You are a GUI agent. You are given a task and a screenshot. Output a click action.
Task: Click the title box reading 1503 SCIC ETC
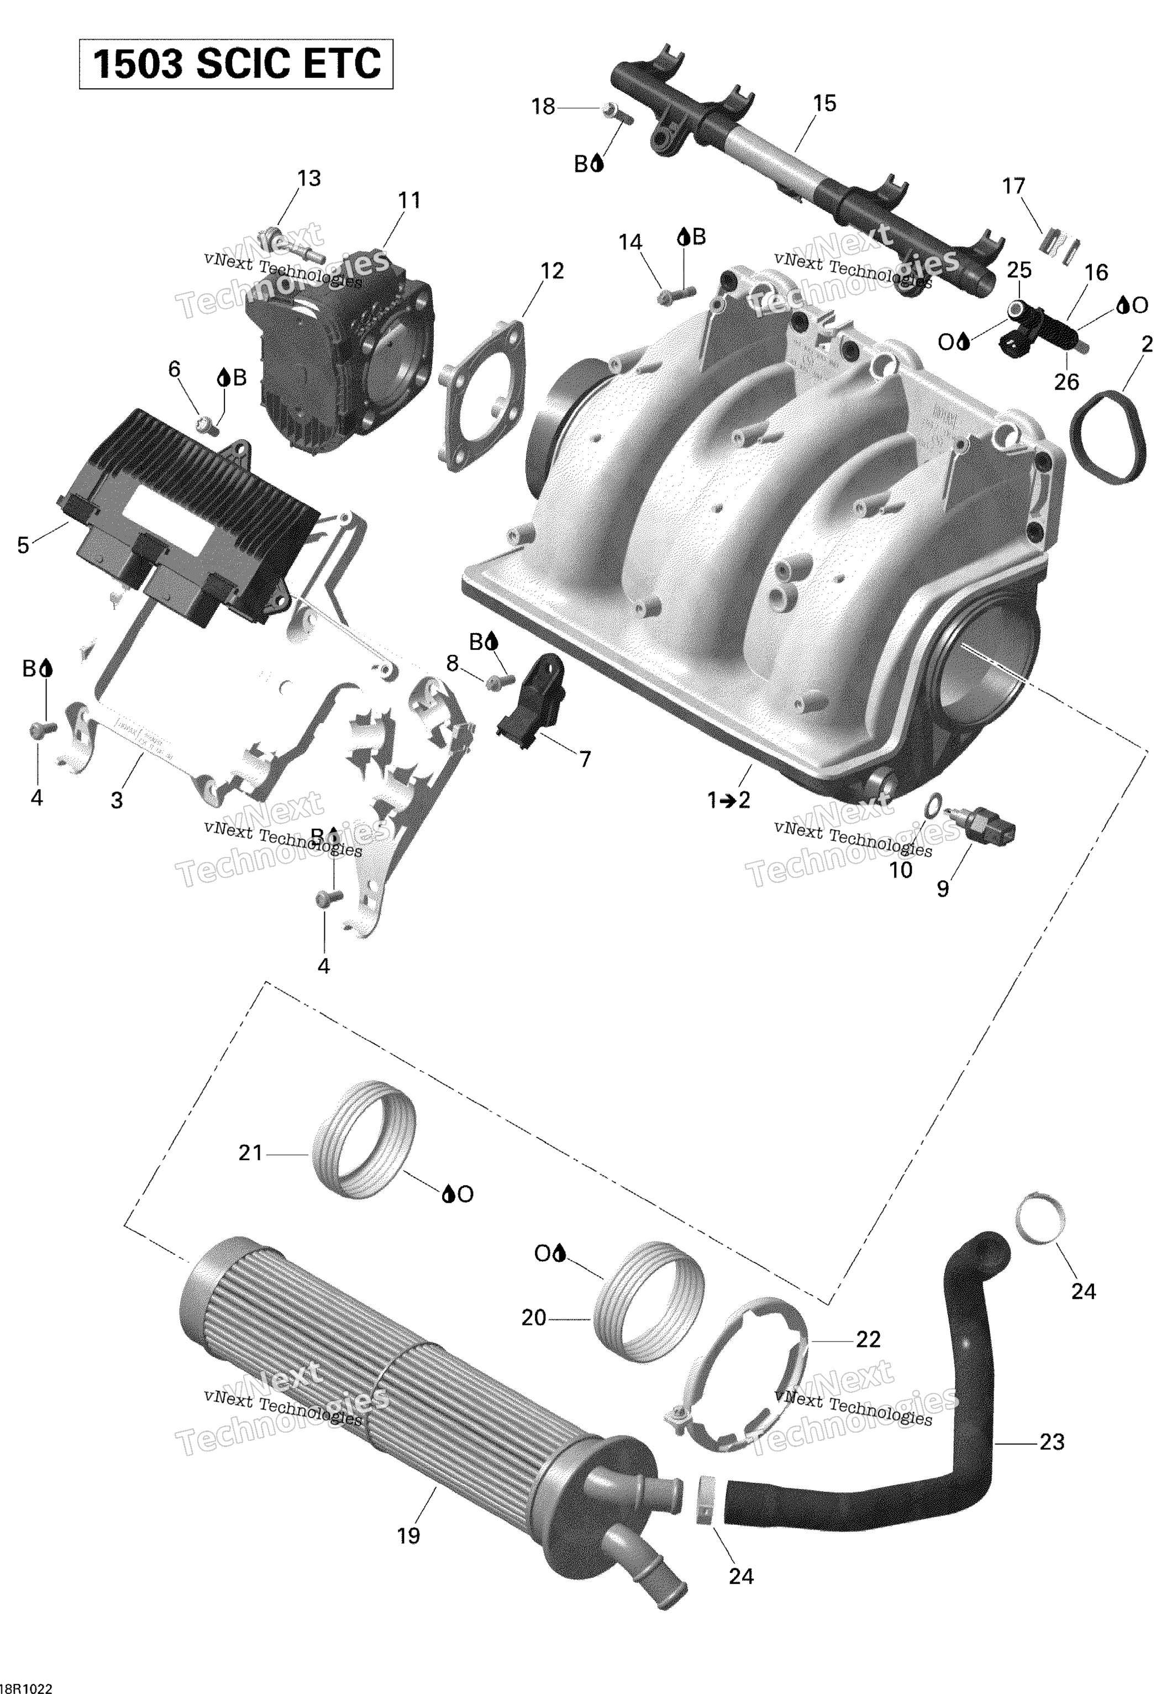(x=236, y=65)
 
